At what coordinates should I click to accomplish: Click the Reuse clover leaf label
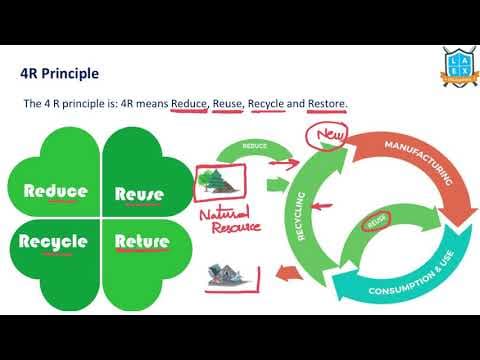point(146,193)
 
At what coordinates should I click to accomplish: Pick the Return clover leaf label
point(148,241)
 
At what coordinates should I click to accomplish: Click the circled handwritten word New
point(330,134)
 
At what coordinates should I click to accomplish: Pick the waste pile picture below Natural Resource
point(227,276)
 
